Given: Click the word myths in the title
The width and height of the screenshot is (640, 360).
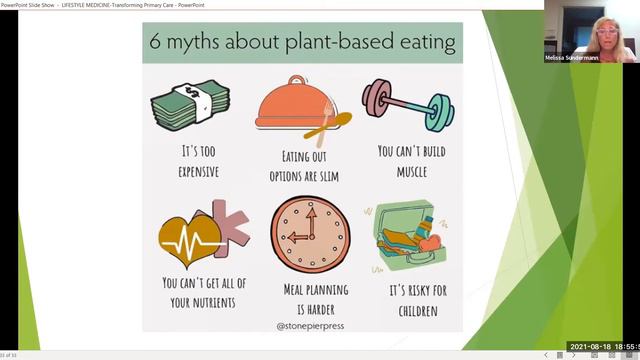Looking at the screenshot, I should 199,43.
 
